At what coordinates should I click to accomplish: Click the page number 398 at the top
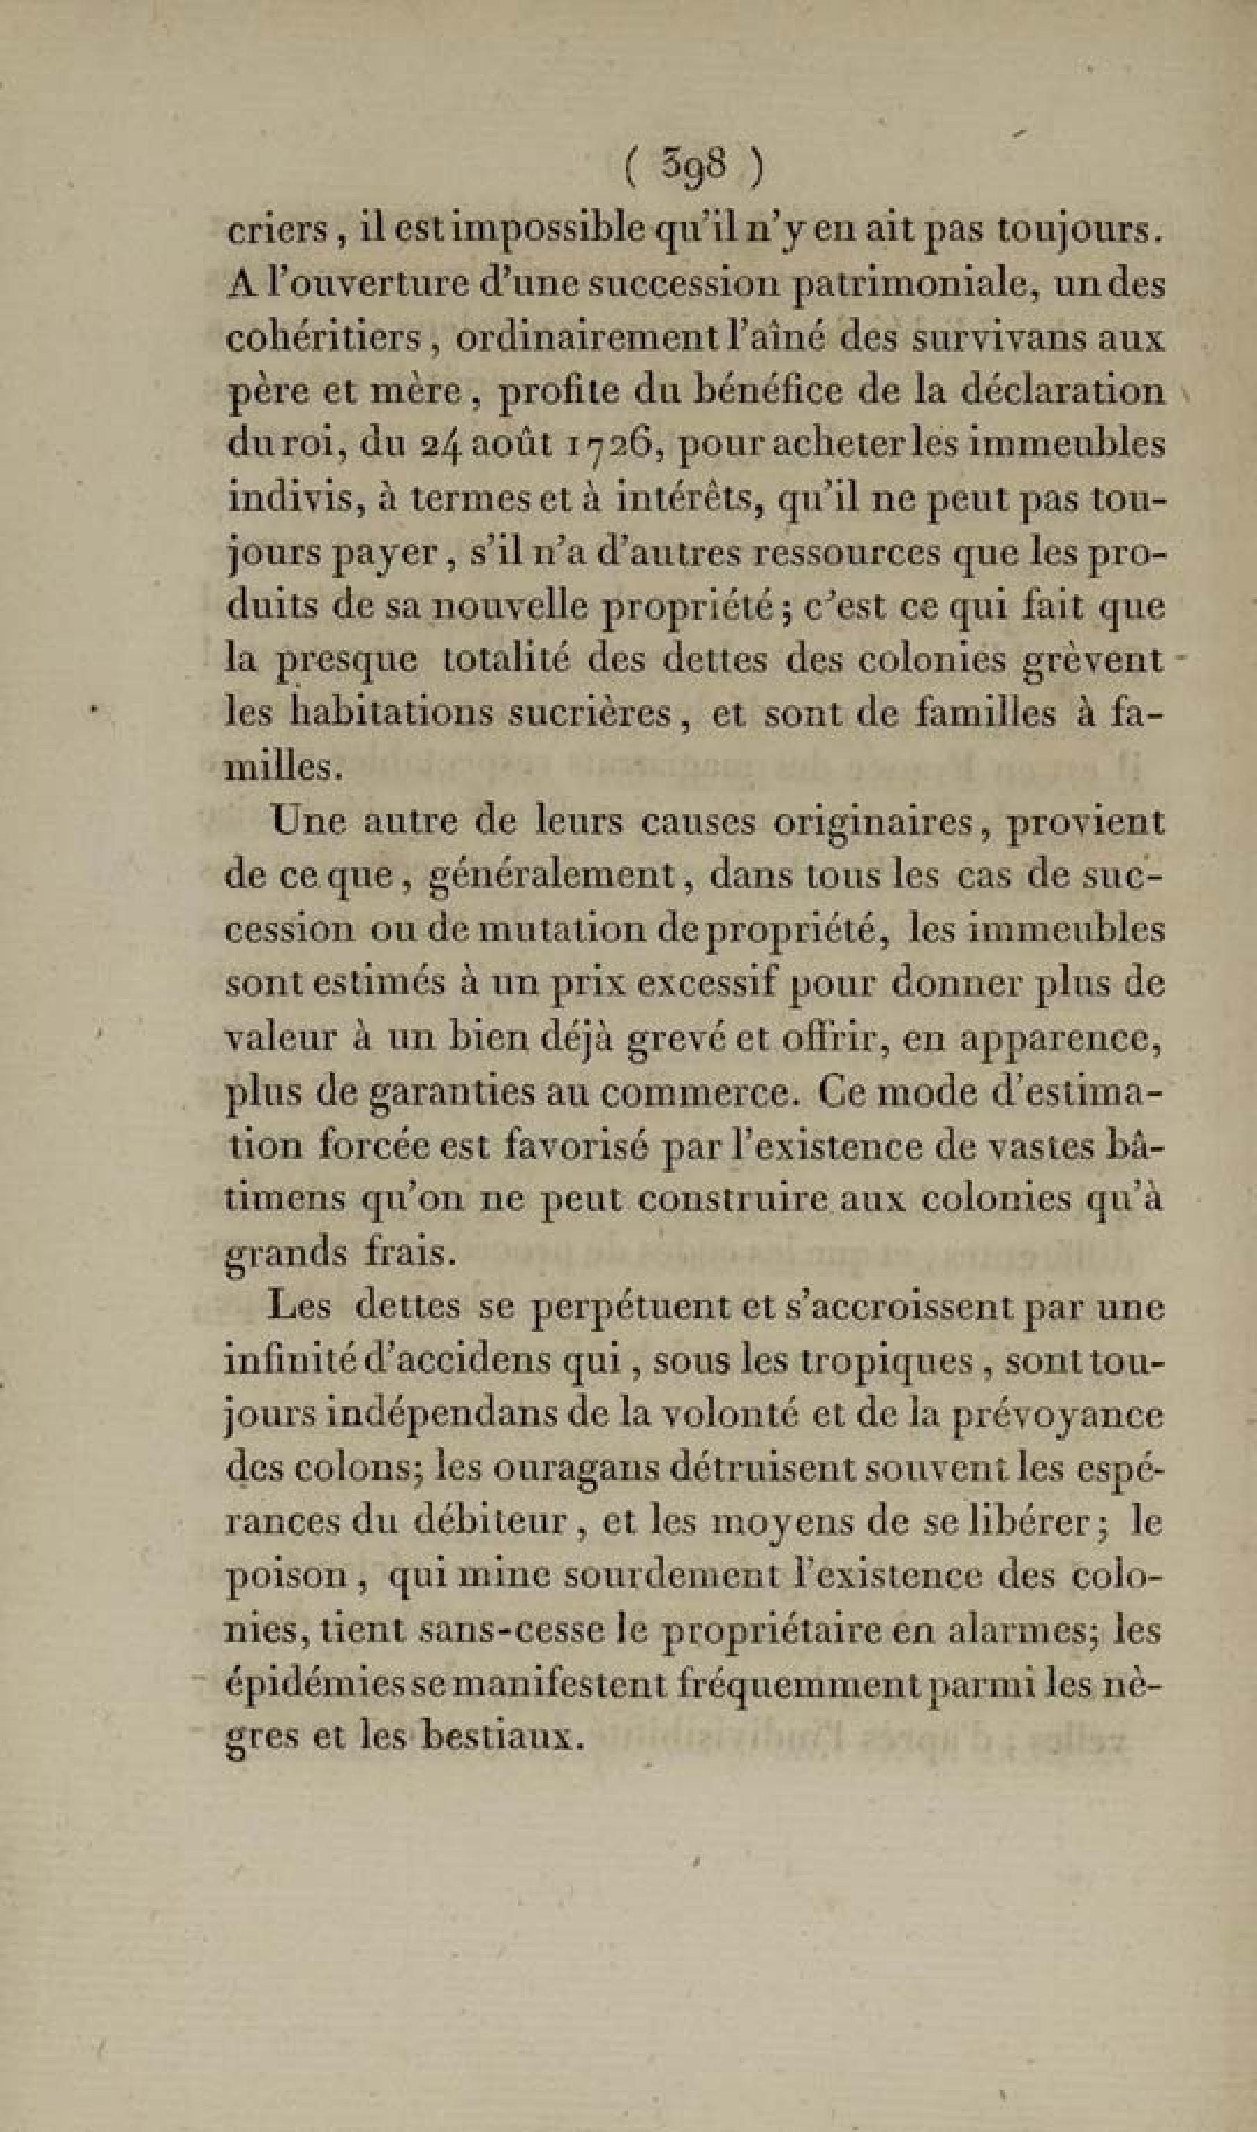coord(691,169)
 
